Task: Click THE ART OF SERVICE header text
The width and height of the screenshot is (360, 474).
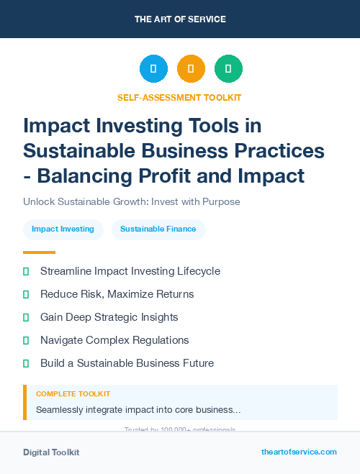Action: click(180, 19)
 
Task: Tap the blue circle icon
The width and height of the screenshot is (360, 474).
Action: click(153, 69)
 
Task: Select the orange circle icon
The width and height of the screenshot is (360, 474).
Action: click(191, 69)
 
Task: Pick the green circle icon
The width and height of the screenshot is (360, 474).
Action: click(228, 69)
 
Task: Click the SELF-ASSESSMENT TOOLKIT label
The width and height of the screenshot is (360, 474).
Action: click(179, 97)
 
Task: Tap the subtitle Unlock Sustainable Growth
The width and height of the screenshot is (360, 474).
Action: click(132, 202)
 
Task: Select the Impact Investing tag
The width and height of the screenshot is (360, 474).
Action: click(63, 229)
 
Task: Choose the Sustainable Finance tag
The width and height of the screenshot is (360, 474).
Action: click(158, 229)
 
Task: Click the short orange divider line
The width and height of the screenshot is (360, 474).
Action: click(39, 252)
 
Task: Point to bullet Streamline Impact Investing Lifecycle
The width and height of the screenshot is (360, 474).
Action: click(130, 271)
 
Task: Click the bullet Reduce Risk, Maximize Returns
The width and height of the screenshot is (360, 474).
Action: click(117, 294)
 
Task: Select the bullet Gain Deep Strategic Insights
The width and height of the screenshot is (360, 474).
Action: click(109, 317)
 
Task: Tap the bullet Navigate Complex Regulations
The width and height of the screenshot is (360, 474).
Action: click(114, 340)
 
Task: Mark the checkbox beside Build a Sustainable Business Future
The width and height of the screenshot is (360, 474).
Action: click(27, 363)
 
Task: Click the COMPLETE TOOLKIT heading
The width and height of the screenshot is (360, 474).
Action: click(73, 394)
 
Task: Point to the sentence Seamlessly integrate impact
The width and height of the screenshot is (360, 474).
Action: click(138, 410)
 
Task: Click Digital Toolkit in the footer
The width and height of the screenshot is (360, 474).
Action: click(51, 452)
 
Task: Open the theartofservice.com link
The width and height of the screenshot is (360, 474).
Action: click(299, 452)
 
